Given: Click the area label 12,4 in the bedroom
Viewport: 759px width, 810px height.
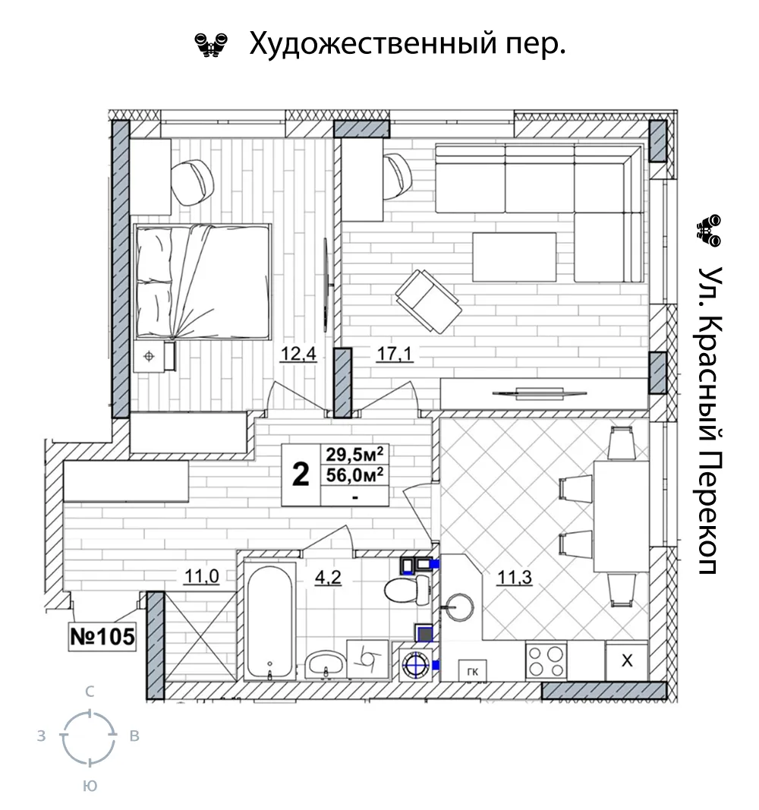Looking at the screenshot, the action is (298, 355).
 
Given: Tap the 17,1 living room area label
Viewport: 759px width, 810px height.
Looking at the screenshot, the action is (395, 355).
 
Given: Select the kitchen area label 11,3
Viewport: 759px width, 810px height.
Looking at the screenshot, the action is (514, 577).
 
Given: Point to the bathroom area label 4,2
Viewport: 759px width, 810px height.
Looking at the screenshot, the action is (328, 577).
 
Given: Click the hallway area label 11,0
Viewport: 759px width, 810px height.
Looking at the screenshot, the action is (201, 575).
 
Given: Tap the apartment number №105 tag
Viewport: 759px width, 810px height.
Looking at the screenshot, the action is (102, 636).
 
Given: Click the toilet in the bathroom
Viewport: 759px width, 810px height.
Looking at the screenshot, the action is (408, 589).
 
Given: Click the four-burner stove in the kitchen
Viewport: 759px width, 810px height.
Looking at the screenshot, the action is (546, 660).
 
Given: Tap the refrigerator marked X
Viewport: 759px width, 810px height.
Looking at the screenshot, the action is (626, 660).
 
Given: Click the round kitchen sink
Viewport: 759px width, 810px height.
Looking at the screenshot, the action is (459, 606).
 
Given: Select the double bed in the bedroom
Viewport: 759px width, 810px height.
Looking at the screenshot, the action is (203, 282).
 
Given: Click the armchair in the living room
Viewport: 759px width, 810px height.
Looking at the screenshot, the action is (428, 301).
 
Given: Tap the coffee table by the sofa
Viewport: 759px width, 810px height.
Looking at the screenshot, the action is (515, 257).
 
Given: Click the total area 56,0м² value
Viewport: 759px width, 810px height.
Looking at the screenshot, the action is (354, 474).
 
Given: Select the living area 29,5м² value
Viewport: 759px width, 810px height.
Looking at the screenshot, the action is (354, 455).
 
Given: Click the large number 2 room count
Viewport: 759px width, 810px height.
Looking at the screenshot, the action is (301, 474).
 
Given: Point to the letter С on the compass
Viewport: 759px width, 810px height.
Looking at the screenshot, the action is (90, 692).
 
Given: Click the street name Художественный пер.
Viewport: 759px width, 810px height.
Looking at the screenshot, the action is (408, 43).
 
